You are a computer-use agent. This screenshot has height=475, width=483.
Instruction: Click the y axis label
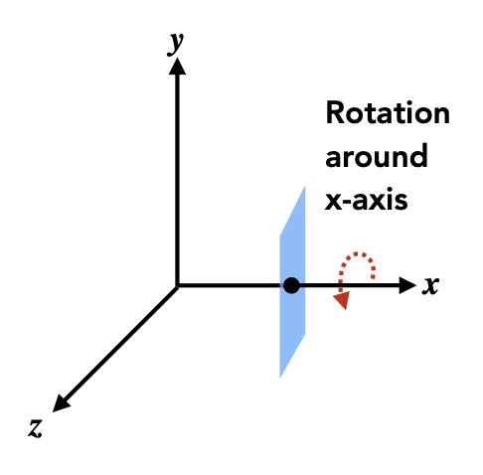pyautogui.click(x=175, y=44)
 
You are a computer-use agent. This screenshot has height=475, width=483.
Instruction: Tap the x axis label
pyautogui.click(x=430, y=285)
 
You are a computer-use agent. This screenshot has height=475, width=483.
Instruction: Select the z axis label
pyautogui.click(x=36, y=428)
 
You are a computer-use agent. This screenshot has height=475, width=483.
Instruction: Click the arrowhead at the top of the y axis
pyautogui.click(x=177, y=66)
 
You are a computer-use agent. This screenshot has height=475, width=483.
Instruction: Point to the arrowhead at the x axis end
pyautogui.click(x=407, y=285)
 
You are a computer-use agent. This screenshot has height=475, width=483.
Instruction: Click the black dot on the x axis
pyautogui.click(x=291, y=285)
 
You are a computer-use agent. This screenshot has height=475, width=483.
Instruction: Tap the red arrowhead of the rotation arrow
pyautogui.click(x=343, y=300)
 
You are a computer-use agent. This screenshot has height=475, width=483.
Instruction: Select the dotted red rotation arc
pyautogui.click(x=357, y=253)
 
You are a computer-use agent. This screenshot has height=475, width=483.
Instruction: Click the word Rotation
pyautogui.click(x=388, y=113)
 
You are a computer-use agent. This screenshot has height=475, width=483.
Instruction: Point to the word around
pyautogui.click(x=376, y=156)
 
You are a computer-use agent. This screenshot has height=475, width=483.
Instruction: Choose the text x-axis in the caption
pyautogui.click(x=366, y=200)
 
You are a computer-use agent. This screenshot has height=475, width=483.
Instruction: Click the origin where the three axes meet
pyautogui.click(x=178, y=285)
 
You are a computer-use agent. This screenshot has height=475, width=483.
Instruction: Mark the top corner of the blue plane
pyautogui.click(x=305, y=187)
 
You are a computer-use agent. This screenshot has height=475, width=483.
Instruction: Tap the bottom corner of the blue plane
pyautogui.click(x=280, y=378)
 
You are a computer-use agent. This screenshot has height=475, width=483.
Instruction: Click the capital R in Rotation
pyautogui.click(x=335, y=113)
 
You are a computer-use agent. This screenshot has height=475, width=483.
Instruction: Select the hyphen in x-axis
pyautogui.click(x=348, y=202)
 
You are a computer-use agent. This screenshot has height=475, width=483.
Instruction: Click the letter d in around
pyautogui.click(x=418, y=155)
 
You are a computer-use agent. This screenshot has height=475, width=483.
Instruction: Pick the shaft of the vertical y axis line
pyautogui.click(x=177, y=180)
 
